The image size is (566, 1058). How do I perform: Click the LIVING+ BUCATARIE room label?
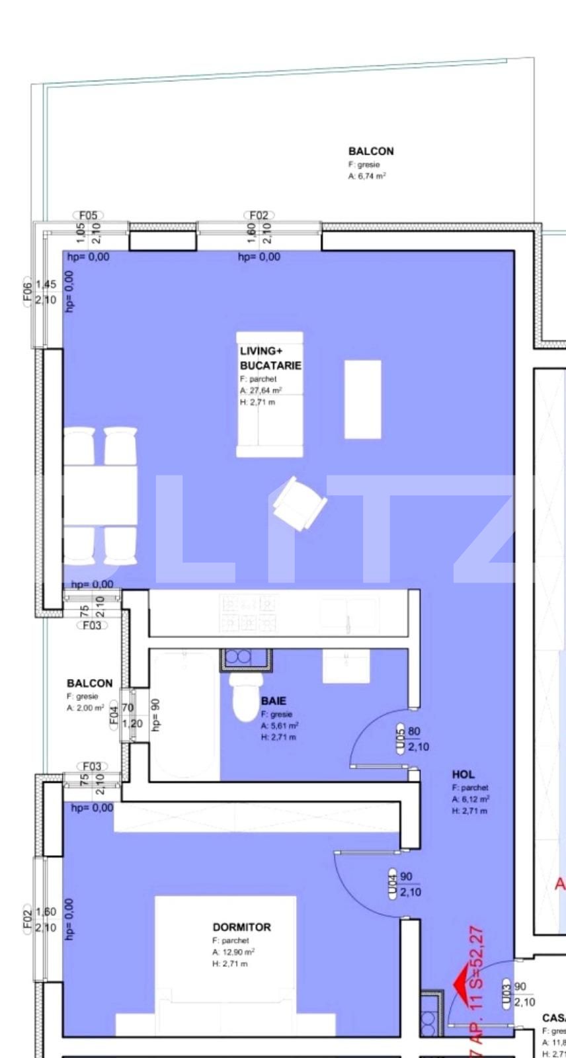[270, 358]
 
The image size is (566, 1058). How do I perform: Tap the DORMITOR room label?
[241, 927]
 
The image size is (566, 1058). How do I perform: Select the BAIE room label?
[274, 701]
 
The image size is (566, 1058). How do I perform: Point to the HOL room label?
[463, 774]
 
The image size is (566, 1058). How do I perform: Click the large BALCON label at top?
[370, 151]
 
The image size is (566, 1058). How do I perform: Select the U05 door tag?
[400, 739]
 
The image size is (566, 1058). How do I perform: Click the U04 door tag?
[393, 884]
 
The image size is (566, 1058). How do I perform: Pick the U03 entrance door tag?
[507, 995]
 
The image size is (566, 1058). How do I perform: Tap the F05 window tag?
[88, 216]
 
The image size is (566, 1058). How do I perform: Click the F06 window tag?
[27, 292]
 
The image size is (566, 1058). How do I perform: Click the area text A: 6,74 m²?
[367, 177]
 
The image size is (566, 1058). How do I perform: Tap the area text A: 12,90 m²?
[233, 952]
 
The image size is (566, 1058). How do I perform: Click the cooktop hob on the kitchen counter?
[249, 613]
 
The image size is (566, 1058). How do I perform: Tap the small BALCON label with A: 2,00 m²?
[89, 683]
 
